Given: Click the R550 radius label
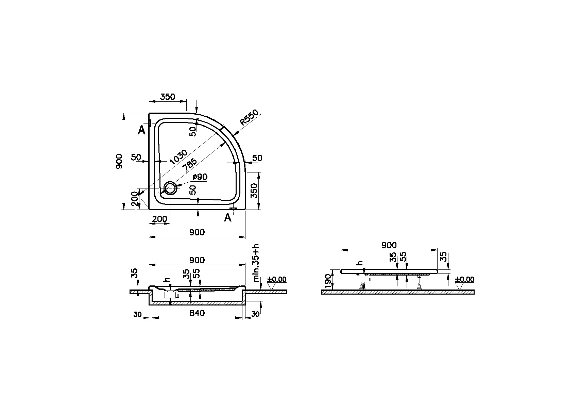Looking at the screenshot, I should click(249, 118).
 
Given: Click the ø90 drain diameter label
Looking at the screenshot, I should click(200, 177).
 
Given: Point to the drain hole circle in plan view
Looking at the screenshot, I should click(170, 188).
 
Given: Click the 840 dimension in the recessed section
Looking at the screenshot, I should click(197, 313).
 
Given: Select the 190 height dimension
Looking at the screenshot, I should click(327, 281).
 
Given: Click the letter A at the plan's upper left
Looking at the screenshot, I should click(142, 130).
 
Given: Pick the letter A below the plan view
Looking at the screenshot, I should click(227, 218).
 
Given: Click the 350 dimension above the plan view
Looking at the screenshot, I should click(168, 97).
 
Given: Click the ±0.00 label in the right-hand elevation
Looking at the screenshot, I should click(464, 279).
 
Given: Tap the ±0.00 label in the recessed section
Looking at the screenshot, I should click(277, 279).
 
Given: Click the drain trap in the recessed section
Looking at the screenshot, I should click(170, 295).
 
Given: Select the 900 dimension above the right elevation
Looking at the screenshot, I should click(389, 245).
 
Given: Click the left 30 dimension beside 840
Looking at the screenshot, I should click(137, 315).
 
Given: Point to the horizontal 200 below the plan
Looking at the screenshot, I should click(159, 219).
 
